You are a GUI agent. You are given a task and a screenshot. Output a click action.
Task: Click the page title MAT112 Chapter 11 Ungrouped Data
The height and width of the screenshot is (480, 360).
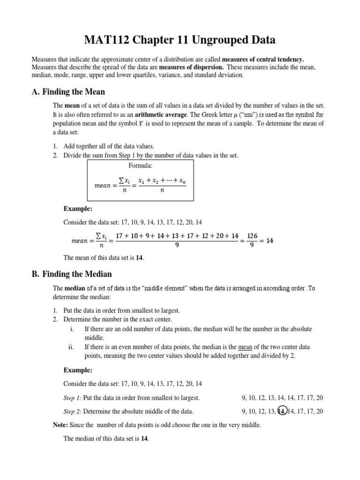[180, 40]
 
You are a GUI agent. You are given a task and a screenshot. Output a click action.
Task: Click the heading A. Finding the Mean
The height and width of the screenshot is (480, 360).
[68, 91]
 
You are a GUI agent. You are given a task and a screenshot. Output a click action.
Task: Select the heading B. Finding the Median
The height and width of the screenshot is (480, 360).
[72, 274]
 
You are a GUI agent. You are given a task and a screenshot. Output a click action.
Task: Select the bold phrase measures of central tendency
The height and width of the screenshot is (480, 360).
[262, 60]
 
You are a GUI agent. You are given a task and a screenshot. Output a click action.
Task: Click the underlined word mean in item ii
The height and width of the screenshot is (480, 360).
[245, 347]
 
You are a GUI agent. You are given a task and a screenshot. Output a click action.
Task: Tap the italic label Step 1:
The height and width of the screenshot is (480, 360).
[73, 397]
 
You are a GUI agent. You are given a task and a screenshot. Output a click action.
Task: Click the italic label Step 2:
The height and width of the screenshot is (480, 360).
[73, 411]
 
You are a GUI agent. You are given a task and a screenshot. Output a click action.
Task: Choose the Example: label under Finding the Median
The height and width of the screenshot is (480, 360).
[78, 370]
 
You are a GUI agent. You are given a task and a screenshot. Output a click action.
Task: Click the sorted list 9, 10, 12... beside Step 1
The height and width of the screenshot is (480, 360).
[282, 397]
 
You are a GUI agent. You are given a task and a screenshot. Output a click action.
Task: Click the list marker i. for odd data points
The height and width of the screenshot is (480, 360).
[72, 329]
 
